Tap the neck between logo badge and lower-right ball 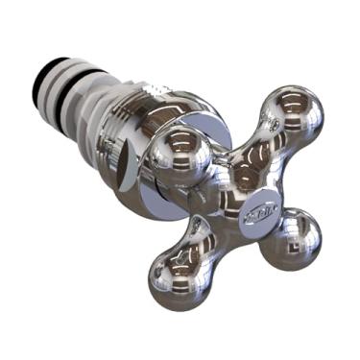click(x=274, y=219)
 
